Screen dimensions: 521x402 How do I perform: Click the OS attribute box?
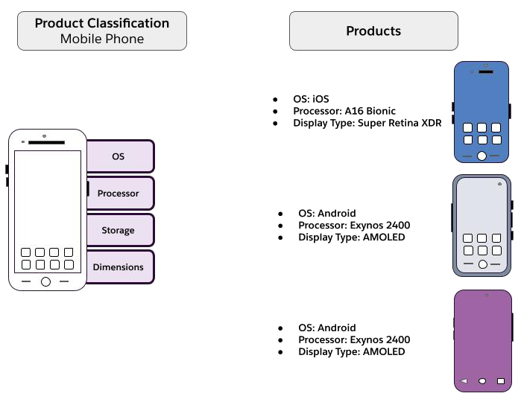[x=120, y=156]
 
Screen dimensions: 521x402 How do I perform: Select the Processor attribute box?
[x=120, y=194]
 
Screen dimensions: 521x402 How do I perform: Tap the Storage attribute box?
[x=120, y=230]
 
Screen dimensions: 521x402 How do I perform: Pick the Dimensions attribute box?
[x=120, y=267]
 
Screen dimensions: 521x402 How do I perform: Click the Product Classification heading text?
[x=102, y=23]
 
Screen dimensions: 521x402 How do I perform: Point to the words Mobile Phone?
[x=102, y=39]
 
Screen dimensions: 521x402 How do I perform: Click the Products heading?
[x=373, y=31]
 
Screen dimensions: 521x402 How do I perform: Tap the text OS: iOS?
[x=311, y=99]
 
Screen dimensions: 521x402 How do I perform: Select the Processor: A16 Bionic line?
[x=344, y=111]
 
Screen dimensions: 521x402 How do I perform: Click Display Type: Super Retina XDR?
[x=367, y=123]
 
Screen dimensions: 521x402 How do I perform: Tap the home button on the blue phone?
[x=481, y=156]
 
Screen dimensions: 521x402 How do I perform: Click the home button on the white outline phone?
[x=46, y=282]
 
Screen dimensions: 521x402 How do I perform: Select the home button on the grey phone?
[x=483, y=264]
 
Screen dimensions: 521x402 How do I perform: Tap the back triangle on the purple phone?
[x=464, y=380]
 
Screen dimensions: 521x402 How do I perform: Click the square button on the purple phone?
[x=501, y=381]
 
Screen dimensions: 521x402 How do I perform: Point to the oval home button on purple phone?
[x=482, y=381]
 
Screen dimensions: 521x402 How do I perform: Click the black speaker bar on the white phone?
[x=46, y=142]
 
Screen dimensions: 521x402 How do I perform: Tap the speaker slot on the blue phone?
[x=486, y=71]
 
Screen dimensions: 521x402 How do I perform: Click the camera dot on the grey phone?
[x=499, y=184]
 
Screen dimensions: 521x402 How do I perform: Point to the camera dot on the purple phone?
[x=487, y=295]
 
